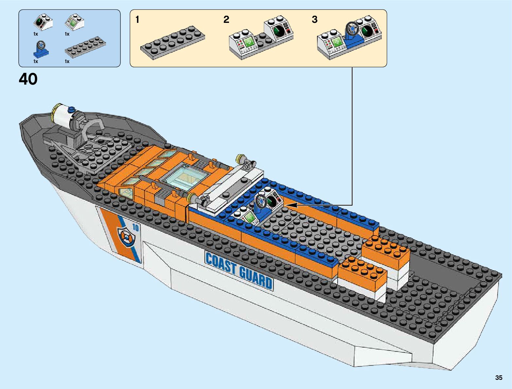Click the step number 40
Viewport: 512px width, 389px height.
[28, 79]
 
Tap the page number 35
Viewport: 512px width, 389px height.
[499, 378]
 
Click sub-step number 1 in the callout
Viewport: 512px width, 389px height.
[137, 20]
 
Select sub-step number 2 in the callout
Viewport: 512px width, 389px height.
[226, 20]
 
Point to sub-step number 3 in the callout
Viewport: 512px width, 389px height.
[314, 20]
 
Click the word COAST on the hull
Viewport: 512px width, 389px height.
[221, 263]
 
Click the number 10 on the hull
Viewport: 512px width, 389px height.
[135, 228]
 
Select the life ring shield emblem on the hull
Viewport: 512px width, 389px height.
[125, 237]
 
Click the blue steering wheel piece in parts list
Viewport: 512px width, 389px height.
[41, 49]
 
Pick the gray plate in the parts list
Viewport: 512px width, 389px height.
[85, 47]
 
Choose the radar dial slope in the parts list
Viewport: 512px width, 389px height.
[43, 22]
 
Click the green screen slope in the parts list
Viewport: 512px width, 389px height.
[75, 22]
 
